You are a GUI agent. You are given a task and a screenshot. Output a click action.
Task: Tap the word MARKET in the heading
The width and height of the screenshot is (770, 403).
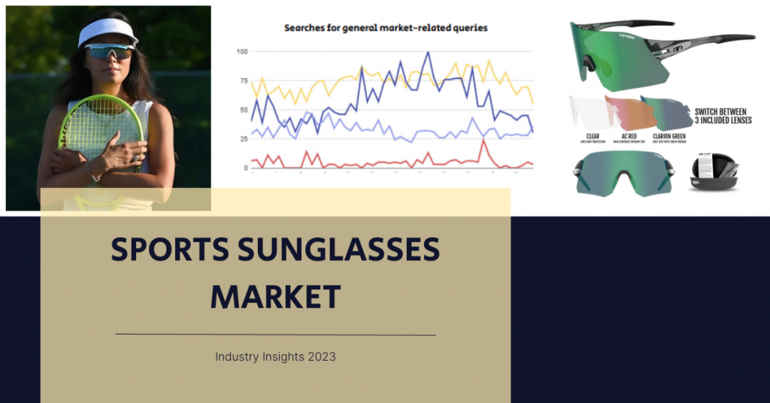click(x=275, y=297)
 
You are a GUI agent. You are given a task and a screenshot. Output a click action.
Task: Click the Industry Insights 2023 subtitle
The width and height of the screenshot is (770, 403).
click(x=275, y=356)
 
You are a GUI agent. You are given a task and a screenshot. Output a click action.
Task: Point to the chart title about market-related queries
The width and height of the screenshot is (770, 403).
click(x=385, y=28)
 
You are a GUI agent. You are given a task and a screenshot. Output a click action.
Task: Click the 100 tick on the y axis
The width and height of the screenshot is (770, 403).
click(x=242, y=51)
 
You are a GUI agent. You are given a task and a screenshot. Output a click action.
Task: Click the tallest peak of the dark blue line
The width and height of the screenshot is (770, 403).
click(x=428, y=53)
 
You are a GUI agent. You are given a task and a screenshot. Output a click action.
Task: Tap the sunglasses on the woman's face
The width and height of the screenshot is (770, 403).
click(x=109, y=51)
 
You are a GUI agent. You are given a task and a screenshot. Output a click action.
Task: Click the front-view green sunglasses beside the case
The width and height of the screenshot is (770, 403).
click(x=622, y=171)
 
